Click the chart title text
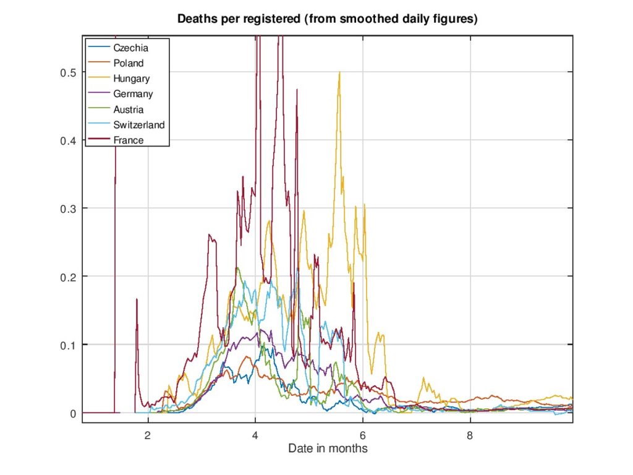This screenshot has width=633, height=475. (x=327, y=19)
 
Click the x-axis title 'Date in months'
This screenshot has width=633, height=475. (x=328, y=448)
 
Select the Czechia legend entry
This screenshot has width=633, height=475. (x=131, y=47)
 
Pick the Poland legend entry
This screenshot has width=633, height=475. (x=129, y=62)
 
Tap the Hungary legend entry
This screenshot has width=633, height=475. (x=132, y=78)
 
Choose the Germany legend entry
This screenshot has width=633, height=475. (x=133, y=94)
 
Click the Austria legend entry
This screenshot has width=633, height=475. (x=129, y=109)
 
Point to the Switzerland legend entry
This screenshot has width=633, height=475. (x=139, y=125)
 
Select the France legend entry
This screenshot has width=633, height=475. (x=129, y=140)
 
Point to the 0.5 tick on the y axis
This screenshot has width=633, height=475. (x=67, y=72)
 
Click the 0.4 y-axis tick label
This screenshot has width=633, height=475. (x=67, y=140)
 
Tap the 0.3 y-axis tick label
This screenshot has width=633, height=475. (x=67, y=208)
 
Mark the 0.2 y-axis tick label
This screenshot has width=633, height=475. (x=67, y=276)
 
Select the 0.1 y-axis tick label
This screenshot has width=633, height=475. (x=67, y=344)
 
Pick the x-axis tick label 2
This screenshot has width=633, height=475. (x=148, y=435)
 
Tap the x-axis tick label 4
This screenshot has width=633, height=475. (x=255, y=435)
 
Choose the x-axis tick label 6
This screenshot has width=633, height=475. (x=363, y=435)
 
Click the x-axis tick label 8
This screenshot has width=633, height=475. (x=470, y=435)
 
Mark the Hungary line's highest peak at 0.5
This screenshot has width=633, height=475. (x=339, y=73)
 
